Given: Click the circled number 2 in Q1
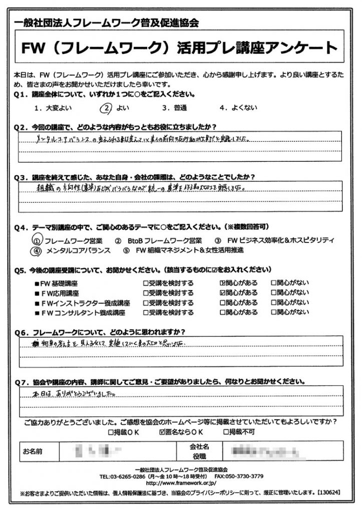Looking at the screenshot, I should pyautogui.click(x=106, y=107).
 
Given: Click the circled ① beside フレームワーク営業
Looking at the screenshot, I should pyautogui.click(x=37, y=240).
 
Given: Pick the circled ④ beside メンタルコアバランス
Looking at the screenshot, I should pyautogui.click(x=37, y=250).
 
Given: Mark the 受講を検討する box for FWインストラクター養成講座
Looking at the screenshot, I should pyautogui.click(x=146, y=303).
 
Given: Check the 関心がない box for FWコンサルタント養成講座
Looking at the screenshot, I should pyautogui.click(x=274, y=312).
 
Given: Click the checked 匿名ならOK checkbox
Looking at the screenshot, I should pyautogui.click(x=161, y=431).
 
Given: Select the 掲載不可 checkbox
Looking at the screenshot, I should pyautogui.click(x=226, y=431).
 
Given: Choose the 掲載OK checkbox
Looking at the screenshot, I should pyautogui.click(x=111, y=431).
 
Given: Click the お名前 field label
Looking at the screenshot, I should pyautogui.click(x=33, y=451).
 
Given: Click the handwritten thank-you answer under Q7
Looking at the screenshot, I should pyautogui.click(x=70, y=393).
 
